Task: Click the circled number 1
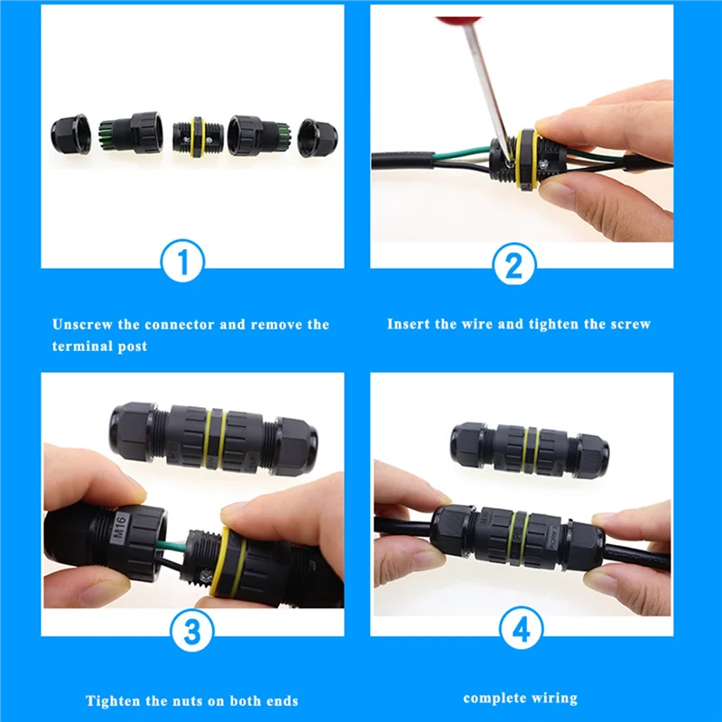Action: (182, 264)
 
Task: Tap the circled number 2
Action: (514, 264)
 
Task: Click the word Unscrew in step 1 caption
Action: (83, 324)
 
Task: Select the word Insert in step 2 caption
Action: (409, 324)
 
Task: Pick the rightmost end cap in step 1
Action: (317, 137)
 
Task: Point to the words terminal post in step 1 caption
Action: (99, 347)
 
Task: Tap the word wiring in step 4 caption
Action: (554, 698)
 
